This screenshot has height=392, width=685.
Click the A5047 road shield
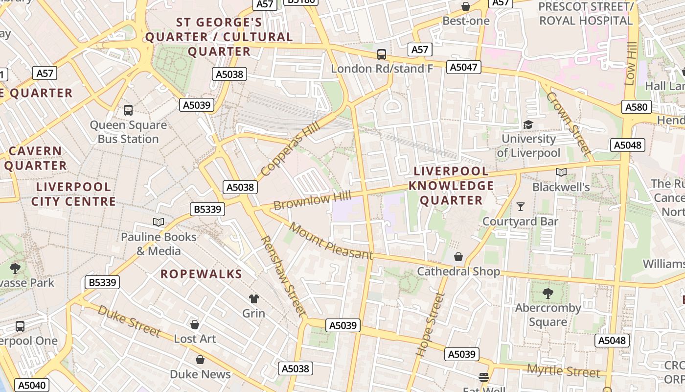click(463, 67)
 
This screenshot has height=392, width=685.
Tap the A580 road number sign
click(637, 107)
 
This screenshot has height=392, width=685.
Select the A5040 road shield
click(33, 385)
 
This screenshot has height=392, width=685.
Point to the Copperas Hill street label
click(290, 148)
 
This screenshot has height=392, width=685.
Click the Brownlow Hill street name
click(312, 201)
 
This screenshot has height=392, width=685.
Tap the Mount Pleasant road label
click(331, 241)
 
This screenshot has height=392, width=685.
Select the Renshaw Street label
click(283, 276)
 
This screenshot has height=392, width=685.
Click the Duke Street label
click(129, 321)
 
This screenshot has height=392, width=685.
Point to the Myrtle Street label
click(563, 371)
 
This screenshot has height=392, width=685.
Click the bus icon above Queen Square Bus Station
click(128, 110)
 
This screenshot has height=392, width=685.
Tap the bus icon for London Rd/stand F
click(382, 54)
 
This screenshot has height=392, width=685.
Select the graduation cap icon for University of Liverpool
click(528, 125)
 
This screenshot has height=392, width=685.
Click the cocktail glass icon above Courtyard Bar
click(521, 207)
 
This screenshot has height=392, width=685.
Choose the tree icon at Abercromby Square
click(548, 294)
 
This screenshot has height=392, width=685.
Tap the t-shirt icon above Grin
click(253, 299)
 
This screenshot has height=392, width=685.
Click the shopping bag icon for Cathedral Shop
click(458, 257)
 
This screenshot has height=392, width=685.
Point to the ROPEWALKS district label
click(202, 274)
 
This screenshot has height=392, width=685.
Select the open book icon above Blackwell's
click(561, 172)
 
